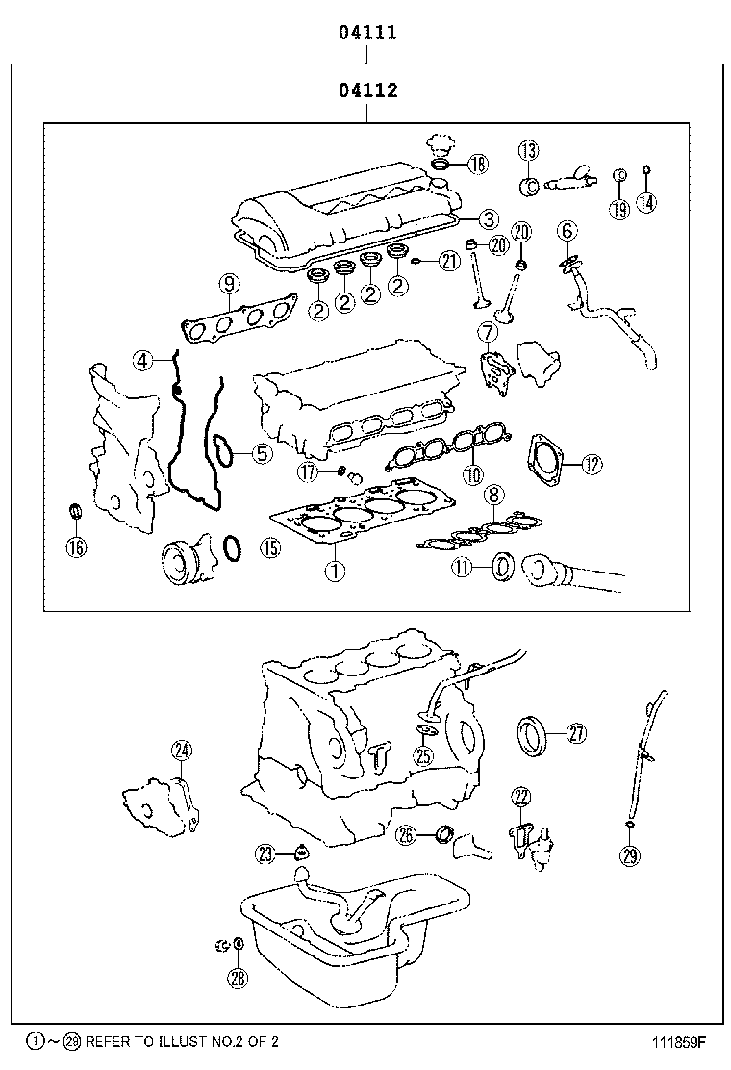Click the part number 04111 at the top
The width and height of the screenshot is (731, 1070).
point(367,33)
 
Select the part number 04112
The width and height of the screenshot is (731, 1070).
point(367,91)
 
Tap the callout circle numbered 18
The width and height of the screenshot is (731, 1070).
point(477,165)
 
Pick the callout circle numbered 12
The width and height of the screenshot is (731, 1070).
point(591,464)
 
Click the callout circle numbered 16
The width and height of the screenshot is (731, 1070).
point(76,548)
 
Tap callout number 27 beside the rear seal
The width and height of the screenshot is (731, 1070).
point(575,734)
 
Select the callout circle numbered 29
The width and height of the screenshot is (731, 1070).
point(630,854)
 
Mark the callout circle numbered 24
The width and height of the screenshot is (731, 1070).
point(182,752)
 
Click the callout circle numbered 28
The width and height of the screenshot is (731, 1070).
point(238,979)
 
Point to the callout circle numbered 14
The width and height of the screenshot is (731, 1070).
point(647,202)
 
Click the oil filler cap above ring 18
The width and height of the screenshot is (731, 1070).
point(440,144)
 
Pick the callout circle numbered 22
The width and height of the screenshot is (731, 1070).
point(520,796)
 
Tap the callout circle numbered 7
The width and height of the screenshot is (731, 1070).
point(488,333)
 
